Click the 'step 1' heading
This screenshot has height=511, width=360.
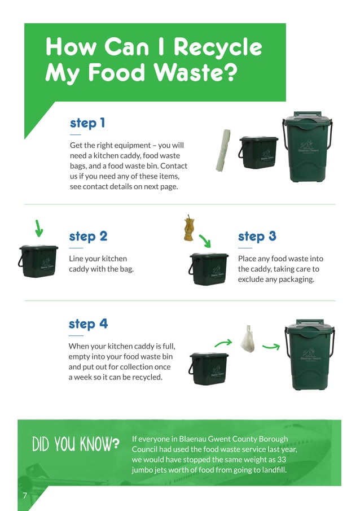(x=87, y=123)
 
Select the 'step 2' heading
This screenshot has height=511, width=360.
(x=88, y=236)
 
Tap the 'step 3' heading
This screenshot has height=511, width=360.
(x=257, y=236)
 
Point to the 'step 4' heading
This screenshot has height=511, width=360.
(x=88, y=324)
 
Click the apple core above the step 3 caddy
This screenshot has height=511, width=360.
(x=189, y=228)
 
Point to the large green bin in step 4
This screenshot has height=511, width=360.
(x=309, y=355)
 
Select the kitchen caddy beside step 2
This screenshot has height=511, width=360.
(x=38, y=261)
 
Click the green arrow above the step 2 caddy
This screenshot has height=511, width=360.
(x=38, y=228)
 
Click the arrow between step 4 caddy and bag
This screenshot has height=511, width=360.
(x=223, y=342)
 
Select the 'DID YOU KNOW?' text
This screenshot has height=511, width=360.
(x=76, y=444)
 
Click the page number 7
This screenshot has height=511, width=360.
(x=25, y=495)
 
